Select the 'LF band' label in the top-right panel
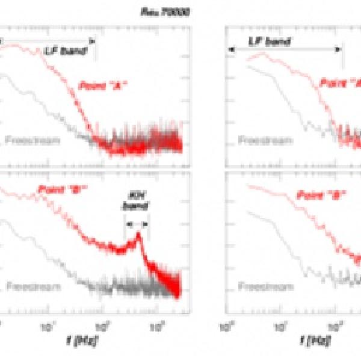[270, 42]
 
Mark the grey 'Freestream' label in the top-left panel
[32, 140]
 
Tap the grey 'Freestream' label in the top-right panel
[265, 140]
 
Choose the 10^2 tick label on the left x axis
[103, 327]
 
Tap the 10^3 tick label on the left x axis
[158, 327]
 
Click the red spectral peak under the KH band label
[138, 235]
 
